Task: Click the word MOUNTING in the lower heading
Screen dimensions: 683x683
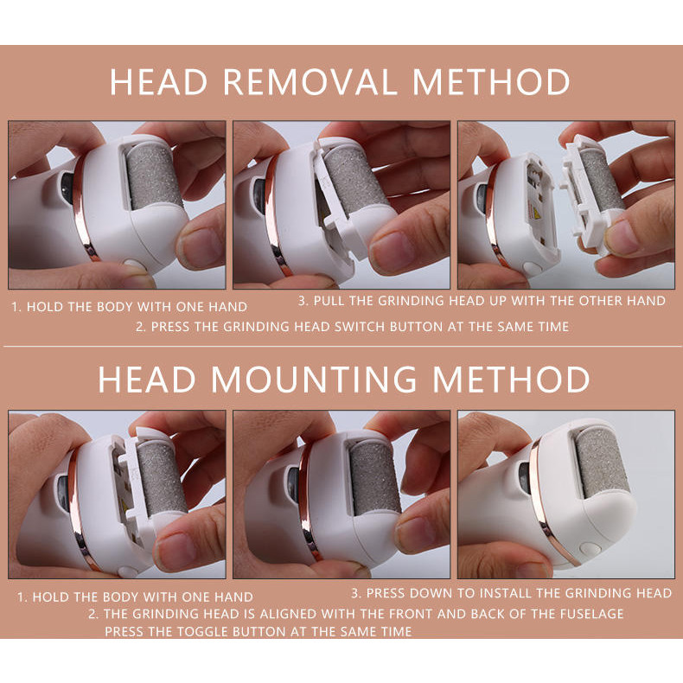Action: (x=314, y=380)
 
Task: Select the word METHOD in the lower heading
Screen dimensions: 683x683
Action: (x=510, y=380)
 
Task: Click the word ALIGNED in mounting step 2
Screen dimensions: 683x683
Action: (x=281, y=614)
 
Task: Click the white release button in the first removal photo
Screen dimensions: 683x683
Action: (x=131, y=264)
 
